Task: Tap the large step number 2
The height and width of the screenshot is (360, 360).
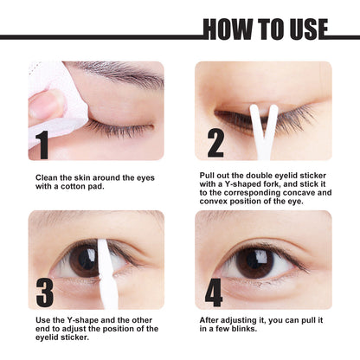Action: pyautogui.click(x=215, y=141)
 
